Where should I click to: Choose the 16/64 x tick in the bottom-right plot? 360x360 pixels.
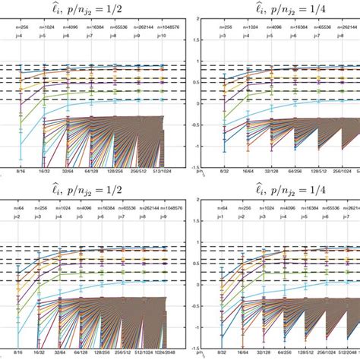click(243, 354)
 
